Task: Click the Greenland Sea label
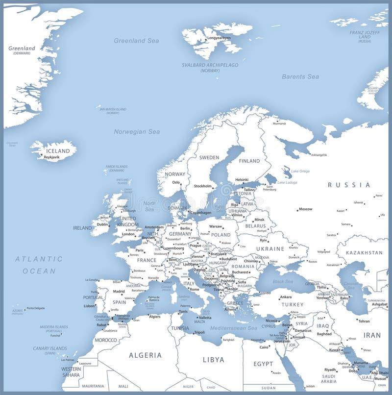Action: (x=136, y=41)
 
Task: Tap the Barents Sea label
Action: (x=300, y=76)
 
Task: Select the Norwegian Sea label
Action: (x=137, y=132)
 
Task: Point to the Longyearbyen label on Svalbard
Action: (x=219, y=38)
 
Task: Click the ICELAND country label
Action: (x=58, y=151)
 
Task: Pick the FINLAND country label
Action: (x=249, y=161)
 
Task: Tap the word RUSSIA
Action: (x=349, y=185)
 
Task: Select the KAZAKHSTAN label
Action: (x=364, y=253)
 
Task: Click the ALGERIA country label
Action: (x=145, y=355)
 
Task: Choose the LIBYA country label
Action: (x=213, y=359)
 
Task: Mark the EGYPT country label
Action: (x=263, y=364)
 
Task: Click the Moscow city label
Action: (x=305, y=209)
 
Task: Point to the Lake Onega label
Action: (x=300, y=171)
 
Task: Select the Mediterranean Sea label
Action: (x=233, y=328)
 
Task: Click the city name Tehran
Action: (x=364, y=321)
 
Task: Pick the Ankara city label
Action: (x=285, y=297)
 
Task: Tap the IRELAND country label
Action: (x=82, y=228)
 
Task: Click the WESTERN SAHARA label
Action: (x=71, y=372)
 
